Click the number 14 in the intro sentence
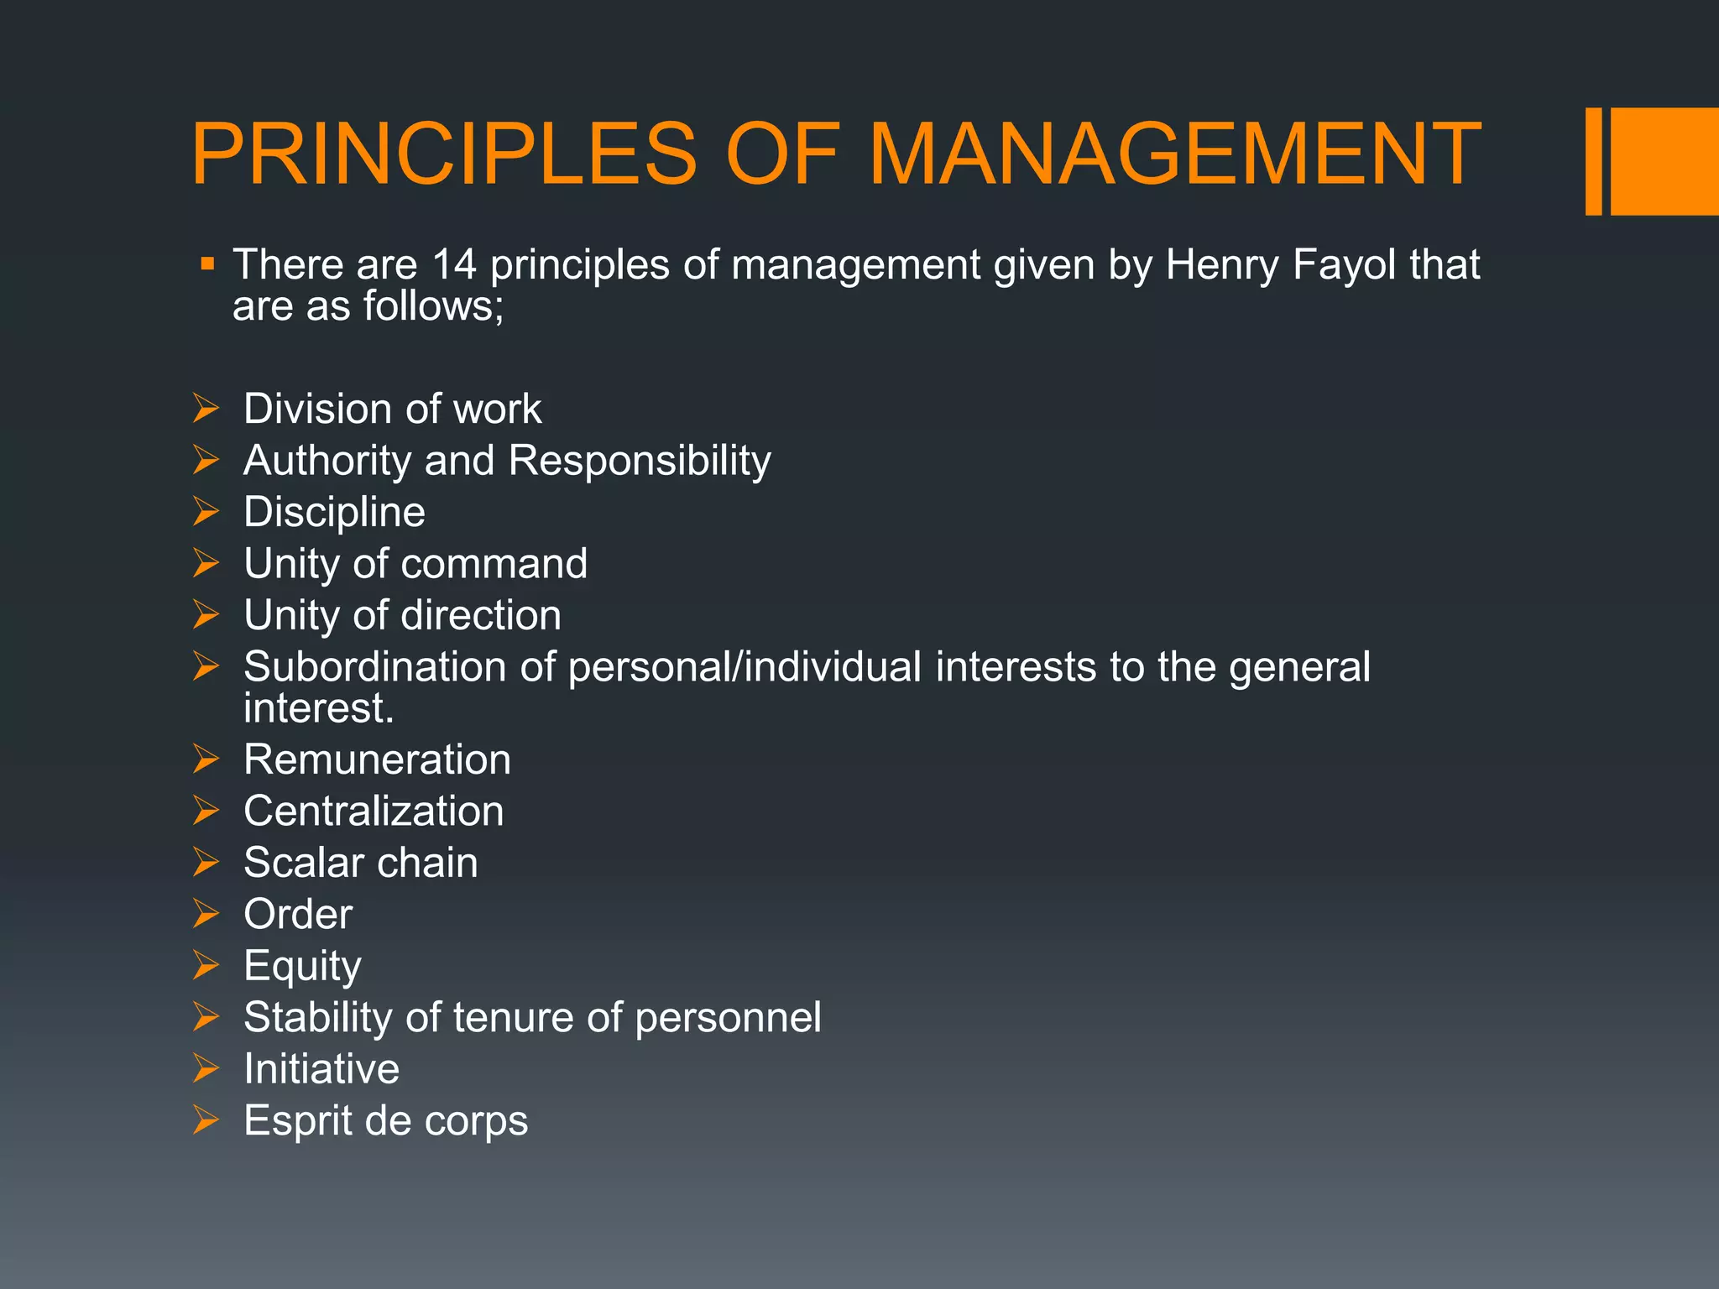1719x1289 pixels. pos(453,264)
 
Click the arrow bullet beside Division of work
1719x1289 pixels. pos(206,409)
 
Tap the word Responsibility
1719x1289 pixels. pos(640,462)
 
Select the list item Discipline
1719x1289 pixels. pos(334,513)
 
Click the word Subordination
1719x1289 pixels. pos(374,667)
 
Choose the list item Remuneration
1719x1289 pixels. pos(377,760)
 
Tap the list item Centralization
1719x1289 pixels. pos(374,811)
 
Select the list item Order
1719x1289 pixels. pos(298,914)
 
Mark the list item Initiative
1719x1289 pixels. pos(321,1069)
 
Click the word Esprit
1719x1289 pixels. pos(300,1121)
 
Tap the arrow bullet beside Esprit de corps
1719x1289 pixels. pos(206,1119)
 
